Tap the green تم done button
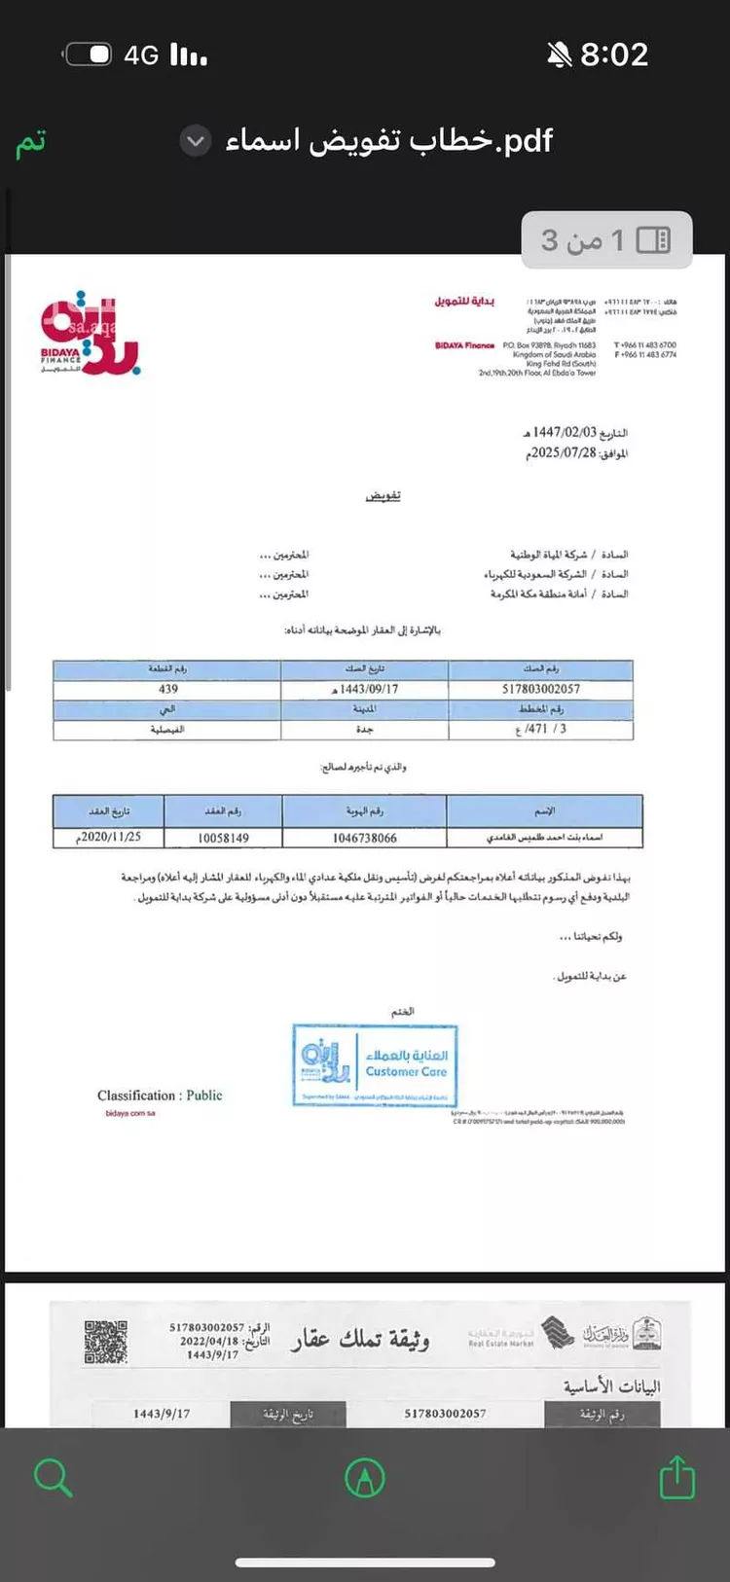[31, 142]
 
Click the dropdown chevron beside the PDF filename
[196, 142]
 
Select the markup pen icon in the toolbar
[365, 1478]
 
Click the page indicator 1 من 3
[605, 239]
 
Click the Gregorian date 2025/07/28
[562, 453]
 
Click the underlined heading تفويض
[383, 496]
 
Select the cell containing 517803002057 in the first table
[541, 689]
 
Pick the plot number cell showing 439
[167, 689]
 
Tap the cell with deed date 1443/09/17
[365, 689]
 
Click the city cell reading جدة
[365, 729]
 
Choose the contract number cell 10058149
[223, 838]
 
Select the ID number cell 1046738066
[365, 838]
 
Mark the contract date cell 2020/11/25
[109, 837]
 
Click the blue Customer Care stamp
[375, 1065]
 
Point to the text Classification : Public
[160, 1096]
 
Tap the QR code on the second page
[106, 1343]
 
